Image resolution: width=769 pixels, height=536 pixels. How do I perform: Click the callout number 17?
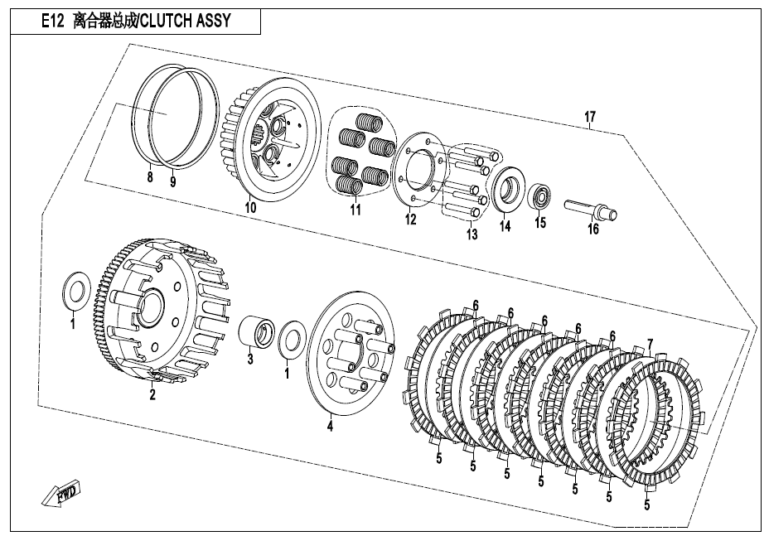click(x=589, y=117)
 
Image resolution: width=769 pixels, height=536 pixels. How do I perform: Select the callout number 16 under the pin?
click(x=593, y=229)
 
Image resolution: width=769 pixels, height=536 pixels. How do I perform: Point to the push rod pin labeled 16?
click(x=592, y=210)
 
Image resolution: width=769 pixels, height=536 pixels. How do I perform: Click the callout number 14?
click(x=505, y=226)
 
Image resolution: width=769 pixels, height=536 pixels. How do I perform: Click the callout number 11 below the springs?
click(x=355, y=210)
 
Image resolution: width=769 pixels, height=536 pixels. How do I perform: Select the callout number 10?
click(x=250, y=207)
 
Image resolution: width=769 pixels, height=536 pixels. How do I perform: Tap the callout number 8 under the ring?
click(x=150, y=176)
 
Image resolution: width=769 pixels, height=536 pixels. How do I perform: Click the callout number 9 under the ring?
click(x=172, y=182)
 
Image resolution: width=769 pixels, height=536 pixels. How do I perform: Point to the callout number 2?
click(x=152, y=394)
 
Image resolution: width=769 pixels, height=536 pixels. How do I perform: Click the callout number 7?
click(x=651, y=345)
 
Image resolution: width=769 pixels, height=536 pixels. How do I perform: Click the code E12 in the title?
click(x=52, y=21)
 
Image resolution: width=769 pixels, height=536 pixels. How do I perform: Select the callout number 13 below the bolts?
click(x=472, y=234)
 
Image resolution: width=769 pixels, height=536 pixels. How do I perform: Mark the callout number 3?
click(x=250, y=360)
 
